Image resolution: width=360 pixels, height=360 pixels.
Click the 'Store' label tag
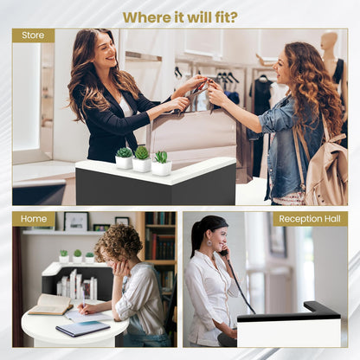tap(33, 35)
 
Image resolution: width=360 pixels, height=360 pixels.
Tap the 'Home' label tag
tap(34, 219)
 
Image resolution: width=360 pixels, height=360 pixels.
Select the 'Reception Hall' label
tap(310, 219)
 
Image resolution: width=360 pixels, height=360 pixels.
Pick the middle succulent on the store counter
tap(142, 159)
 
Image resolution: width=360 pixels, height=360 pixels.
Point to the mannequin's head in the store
tap(329, 41)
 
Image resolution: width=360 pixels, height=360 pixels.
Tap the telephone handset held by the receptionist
tap(224, 253)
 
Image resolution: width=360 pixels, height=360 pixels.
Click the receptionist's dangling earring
tap(209, 242)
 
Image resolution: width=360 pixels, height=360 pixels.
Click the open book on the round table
tap(51, 305)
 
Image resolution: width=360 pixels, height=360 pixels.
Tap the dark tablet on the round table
tap(83, 329)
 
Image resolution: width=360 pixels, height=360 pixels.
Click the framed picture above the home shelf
tap(76, 222)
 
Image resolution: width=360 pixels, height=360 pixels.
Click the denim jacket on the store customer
tap(288, 145)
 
